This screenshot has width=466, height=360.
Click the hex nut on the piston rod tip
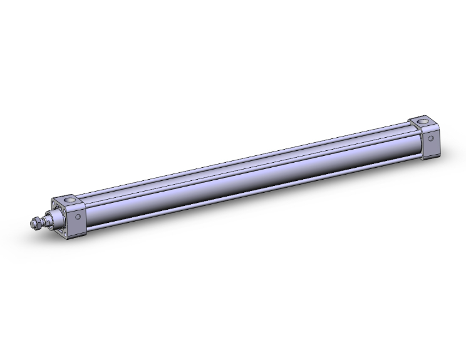pos(38,224)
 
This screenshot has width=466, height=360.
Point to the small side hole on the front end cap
pos(78,217)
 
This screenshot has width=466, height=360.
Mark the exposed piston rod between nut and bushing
pos(44,221)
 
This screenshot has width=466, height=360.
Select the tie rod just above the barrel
pos(251,164)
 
